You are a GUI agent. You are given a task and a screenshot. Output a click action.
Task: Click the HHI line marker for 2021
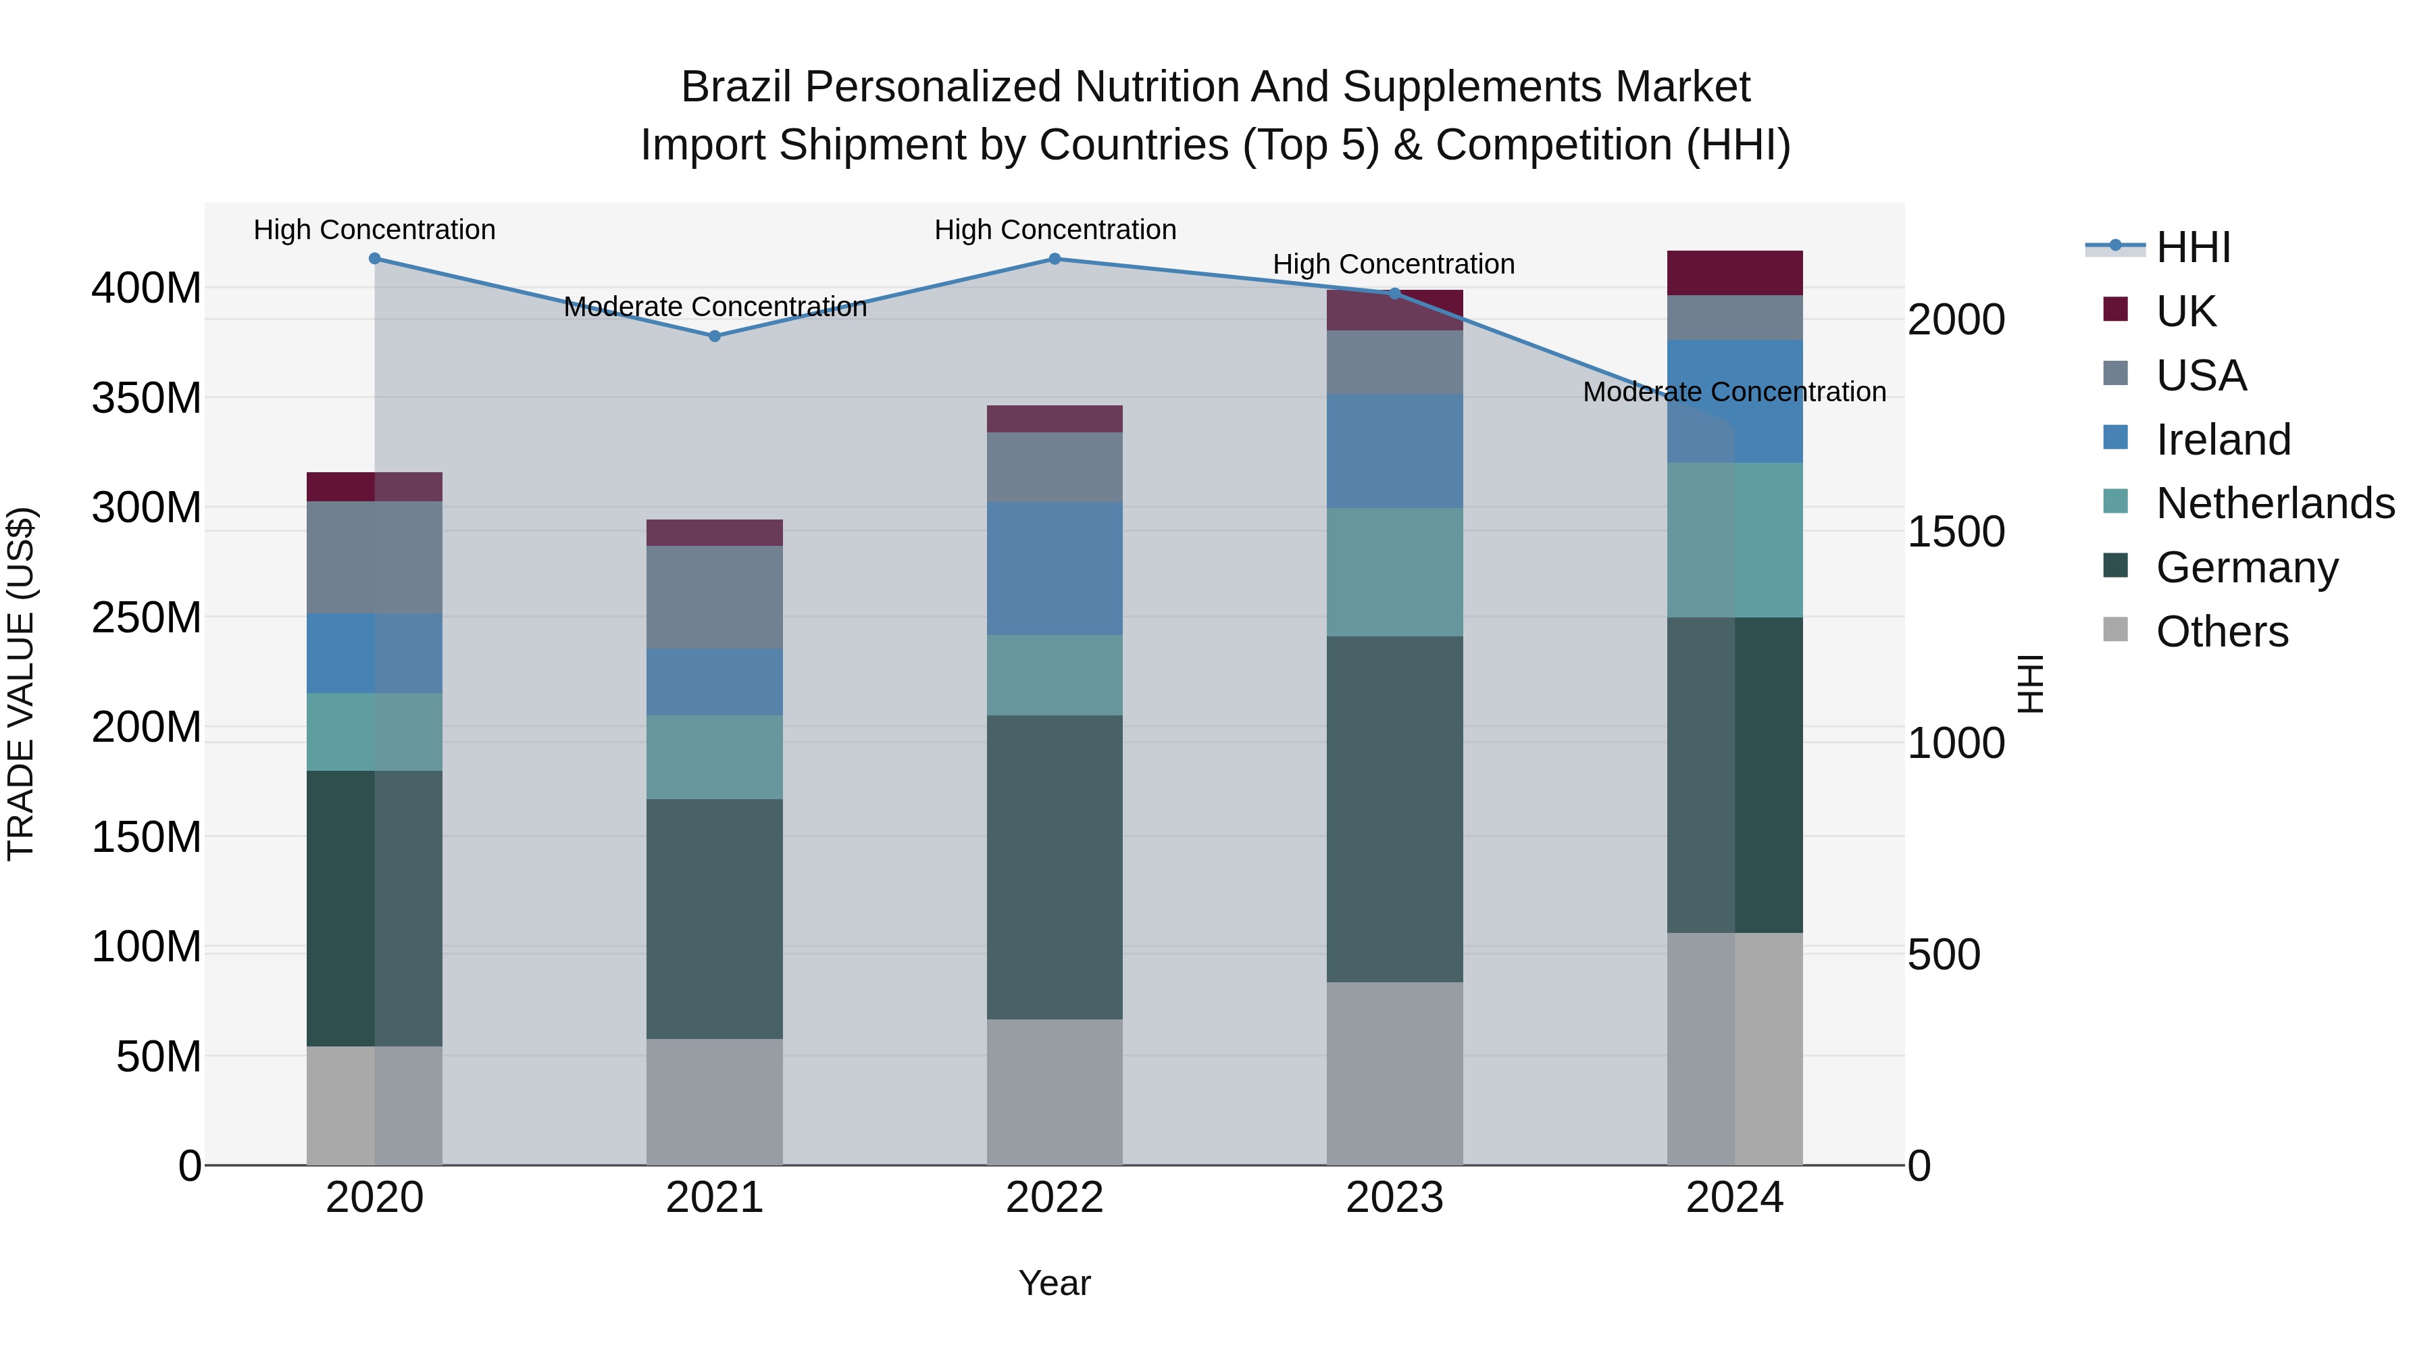[715, 336]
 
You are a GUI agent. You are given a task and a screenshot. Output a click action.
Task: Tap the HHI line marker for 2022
[1055, 259]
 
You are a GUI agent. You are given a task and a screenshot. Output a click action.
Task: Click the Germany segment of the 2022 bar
[1055, 867]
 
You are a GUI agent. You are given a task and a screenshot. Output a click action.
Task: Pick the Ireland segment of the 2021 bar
[715, 682]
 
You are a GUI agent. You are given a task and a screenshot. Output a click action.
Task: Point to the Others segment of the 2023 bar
[1394, 1073]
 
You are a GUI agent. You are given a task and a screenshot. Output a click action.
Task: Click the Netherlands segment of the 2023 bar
[1394, 572]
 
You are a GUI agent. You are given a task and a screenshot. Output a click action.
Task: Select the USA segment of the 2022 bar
[1055, 467]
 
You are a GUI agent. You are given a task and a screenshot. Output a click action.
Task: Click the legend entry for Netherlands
[2273, 503]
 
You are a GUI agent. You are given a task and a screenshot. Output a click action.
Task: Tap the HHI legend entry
[2192, 247]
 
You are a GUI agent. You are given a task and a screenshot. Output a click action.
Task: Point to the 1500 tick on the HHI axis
[1956, 532]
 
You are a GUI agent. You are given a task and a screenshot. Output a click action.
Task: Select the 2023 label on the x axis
[1394, 1198]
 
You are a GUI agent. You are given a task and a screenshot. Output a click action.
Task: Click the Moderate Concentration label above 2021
[715, 307]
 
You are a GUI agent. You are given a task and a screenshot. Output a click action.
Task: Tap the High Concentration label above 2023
[1394, 264]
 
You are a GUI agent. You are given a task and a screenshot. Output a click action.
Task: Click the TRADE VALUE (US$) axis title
[21, 684]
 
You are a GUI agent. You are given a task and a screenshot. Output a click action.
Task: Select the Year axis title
[1055, 1283]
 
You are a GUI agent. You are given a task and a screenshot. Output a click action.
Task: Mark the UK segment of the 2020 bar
[375, 486]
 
